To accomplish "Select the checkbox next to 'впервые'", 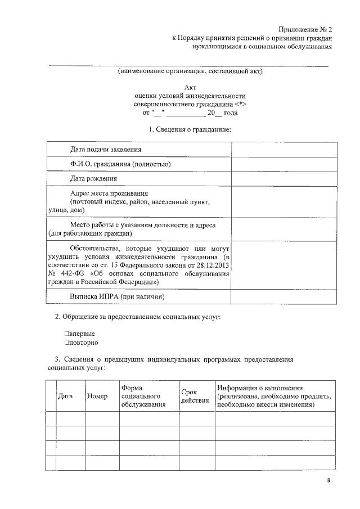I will (x=67, y=334).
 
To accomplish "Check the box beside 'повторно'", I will (x=67, y=342).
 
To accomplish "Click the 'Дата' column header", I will (x=66, y=396).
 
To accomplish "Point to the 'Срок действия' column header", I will (x=195, y=396).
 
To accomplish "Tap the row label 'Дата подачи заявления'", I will (x=106, y=150).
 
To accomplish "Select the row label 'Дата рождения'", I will (x=93, y=179).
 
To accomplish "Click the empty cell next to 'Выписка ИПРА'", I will (x=284, y=296).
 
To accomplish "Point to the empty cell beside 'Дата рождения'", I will (x=284, y=179).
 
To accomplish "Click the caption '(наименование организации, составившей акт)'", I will (x=190, y=71).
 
